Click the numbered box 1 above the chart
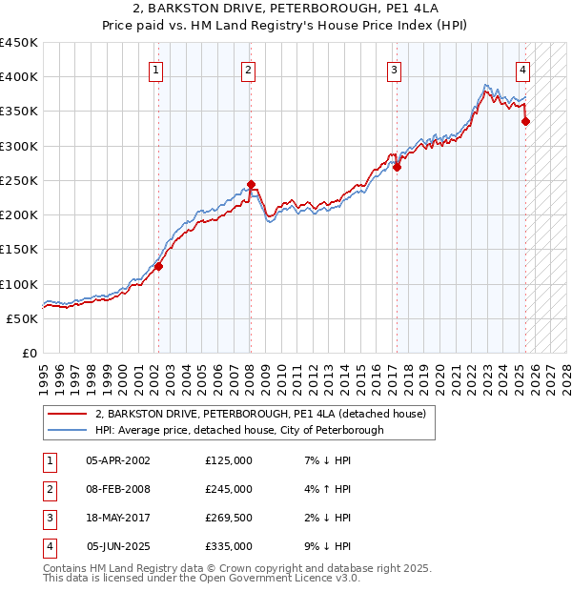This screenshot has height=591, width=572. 155,69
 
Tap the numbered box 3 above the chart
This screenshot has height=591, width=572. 394,69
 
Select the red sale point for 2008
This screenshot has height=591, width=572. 251,184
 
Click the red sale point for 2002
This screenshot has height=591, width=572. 159,267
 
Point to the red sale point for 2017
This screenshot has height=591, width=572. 397,167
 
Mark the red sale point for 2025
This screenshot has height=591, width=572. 525,121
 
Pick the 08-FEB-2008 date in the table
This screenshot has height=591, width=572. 118,489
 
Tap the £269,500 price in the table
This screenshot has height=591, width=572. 229,518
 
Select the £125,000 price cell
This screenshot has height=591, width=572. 229,460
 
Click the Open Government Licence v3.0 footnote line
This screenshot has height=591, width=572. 201,578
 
